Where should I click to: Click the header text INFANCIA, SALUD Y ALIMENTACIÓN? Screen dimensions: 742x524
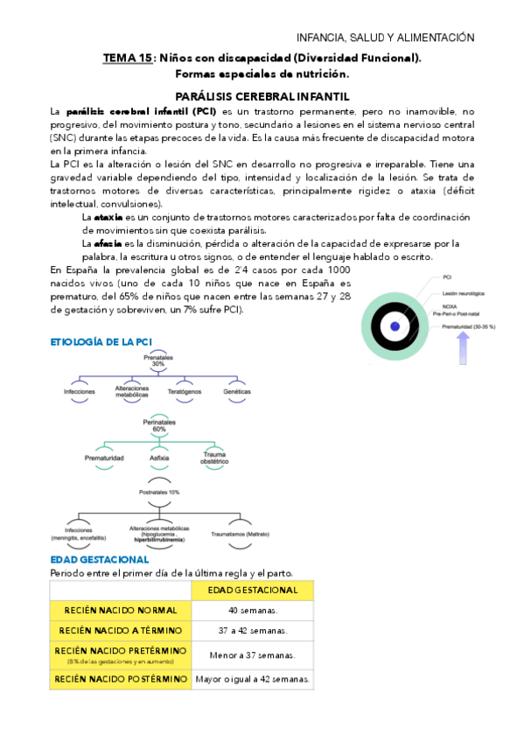[386, 38]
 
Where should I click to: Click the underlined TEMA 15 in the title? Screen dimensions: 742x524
[128, 59]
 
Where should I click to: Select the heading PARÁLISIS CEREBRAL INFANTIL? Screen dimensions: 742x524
[262, 96]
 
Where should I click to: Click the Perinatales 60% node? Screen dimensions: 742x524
[159, 426]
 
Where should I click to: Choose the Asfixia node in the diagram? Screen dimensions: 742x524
[159, 458]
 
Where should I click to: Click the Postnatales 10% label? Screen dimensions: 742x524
[159, 493]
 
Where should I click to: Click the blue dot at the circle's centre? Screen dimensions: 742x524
[395, 326]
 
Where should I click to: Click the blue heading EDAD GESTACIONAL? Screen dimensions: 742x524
[100, 559]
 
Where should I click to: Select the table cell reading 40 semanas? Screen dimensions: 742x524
[253, 610]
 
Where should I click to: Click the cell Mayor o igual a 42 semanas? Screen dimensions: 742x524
[254, 678]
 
